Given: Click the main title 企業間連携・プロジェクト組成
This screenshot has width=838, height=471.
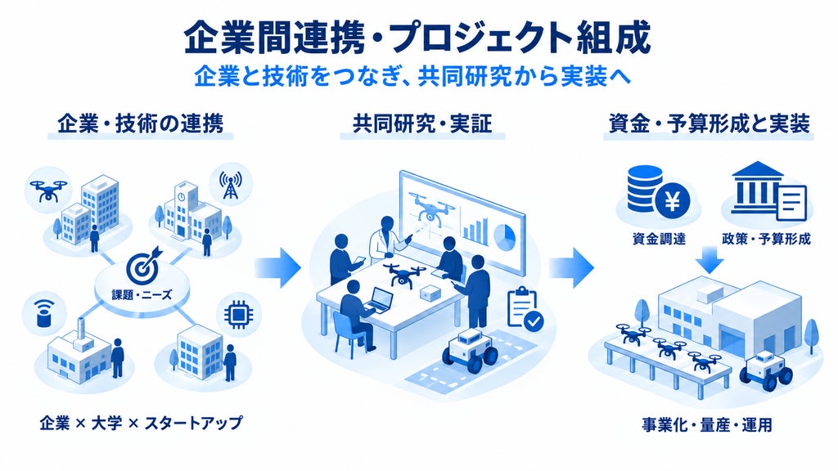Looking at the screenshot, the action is [417, 39].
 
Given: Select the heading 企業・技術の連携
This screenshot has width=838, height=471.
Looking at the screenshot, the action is [140, 124].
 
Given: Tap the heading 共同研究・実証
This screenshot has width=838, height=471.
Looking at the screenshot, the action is [422, 124].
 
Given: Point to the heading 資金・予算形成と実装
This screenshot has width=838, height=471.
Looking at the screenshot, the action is [709, 124].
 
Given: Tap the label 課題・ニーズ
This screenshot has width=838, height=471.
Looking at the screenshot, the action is [142, 294].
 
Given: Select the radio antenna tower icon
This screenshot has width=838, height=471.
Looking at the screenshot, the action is [230, 184].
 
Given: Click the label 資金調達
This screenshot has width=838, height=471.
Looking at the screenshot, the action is [659, 239].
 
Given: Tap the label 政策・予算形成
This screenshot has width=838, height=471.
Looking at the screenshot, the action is [766, 239].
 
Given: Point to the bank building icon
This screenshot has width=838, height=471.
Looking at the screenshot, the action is [757, 187].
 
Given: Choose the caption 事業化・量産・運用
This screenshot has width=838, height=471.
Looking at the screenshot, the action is [707, 424].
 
